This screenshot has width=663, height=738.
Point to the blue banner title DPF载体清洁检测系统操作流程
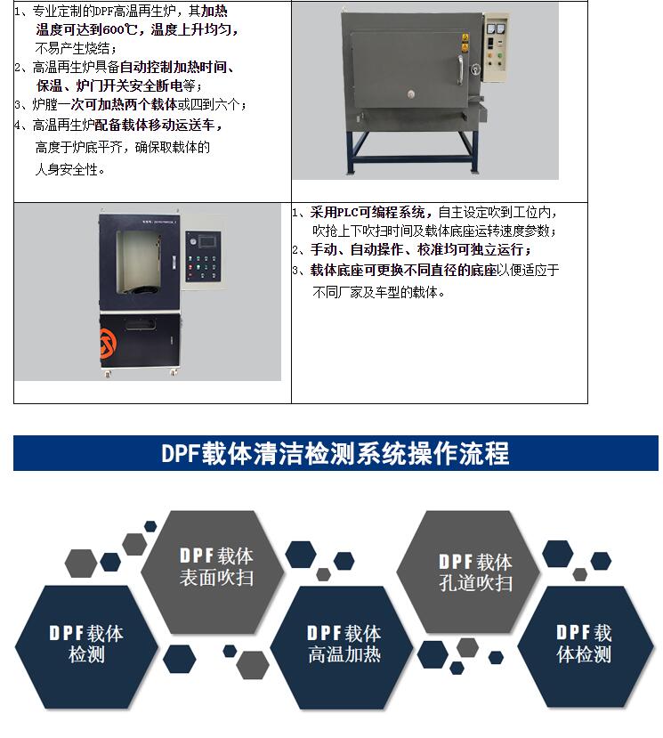(x=335, y=454)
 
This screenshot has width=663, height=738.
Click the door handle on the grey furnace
(x=460, y=70)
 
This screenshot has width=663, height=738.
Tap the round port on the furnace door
(x=411, y=93)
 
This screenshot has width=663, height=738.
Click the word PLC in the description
(x=348, y=213)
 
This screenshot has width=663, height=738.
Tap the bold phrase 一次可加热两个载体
(x=117, y=104)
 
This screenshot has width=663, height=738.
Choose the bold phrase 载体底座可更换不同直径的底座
(x=403, y=270)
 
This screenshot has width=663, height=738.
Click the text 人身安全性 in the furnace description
(x=67, y=169)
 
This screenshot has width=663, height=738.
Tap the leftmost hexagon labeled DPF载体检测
(x=86, y=646)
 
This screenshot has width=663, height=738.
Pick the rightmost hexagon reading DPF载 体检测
(x=586, y=646)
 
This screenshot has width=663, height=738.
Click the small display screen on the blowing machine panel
(x=207, y=242)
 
